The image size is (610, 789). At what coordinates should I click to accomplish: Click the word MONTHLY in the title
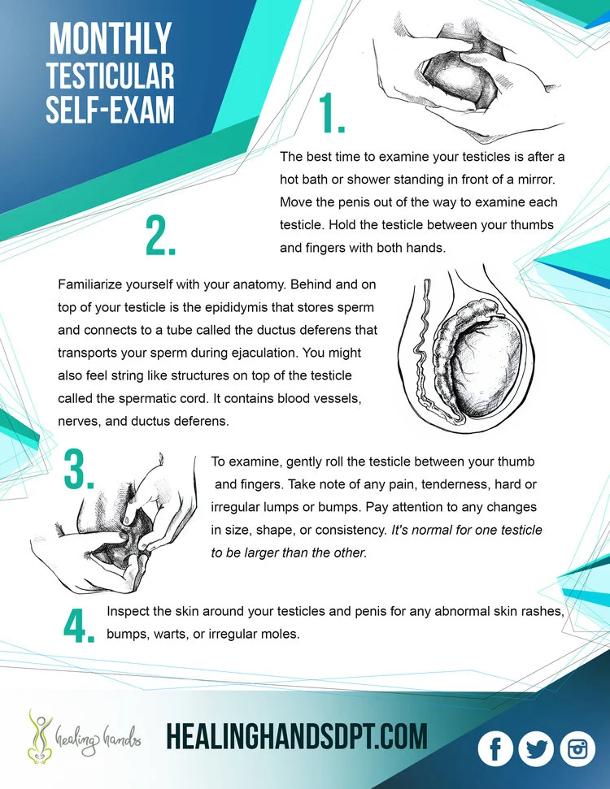point(111,38)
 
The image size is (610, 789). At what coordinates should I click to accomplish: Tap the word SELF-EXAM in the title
point(111,109)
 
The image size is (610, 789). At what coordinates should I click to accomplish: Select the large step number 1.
point(332,113)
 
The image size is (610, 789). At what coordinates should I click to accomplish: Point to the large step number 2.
point(160,235)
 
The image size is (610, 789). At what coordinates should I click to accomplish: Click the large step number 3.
point(79,469)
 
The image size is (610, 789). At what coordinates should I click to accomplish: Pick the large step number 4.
point(79,625)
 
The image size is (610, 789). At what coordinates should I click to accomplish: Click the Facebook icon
point(495,748)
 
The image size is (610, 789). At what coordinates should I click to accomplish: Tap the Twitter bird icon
point(536,748)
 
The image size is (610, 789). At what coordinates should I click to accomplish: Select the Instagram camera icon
point(577,748)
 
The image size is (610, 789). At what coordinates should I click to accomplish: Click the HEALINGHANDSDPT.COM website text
point(297,737)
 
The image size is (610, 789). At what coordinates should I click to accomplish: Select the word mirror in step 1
point(536,179)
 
